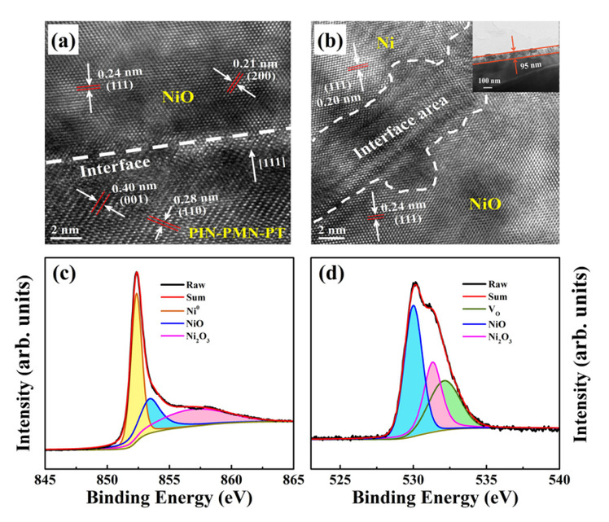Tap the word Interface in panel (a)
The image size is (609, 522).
[104, 173]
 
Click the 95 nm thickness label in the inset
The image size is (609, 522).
[530, 61]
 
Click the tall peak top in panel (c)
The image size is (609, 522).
[137, 273]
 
